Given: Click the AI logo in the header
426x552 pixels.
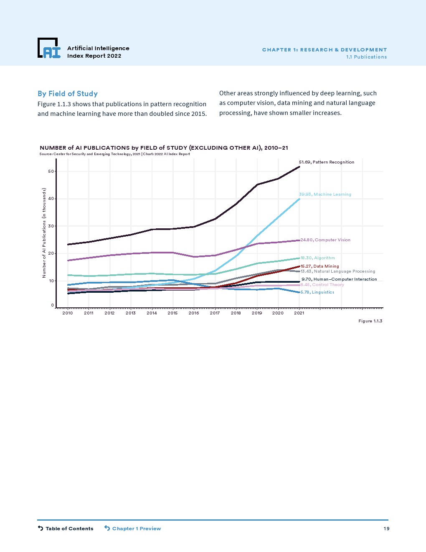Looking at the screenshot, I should point(49,48).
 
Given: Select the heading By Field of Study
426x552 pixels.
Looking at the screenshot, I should point(68,94).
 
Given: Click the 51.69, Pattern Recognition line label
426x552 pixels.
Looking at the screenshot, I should point(326,162).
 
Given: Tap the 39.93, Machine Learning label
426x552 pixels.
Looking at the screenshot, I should point(325,194).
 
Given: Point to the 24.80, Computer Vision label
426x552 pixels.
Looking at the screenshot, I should point(325,240).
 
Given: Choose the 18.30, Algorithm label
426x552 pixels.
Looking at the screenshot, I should point(317,258).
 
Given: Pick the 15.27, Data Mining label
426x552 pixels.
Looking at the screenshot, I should point(319,266).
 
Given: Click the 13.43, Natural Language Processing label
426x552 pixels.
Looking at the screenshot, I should point(338,271).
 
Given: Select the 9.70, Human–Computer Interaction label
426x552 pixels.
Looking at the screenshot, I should point(339,279).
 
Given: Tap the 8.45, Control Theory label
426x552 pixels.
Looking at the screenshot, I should point(322,285).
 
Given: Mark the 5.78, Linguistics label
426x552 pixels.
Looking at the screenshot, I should point(317,292).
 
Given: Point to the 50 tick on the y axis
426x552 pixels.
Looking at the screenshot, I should point(51,171).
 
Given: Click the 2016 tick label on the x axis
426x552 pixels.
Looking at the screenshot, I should point(194,313).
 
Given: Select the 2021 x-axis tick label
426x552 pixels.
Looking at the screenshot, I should point(299,313).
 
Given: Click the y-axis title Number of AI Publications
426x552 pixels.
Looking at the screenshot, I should point(44,233).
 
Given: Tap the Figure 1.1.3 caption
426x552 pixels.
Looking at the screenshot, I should point(370,321).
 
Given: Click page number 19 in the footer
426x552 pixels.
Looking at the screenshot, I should point(386,529).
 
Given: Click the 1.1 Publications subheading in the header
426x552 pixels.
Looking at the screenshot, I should point(366,57).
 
